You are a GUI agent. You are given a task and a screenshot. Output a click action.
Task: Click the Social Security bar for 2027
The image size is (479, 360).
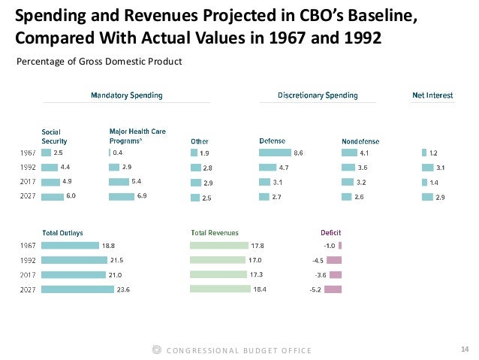[x=53, y=197]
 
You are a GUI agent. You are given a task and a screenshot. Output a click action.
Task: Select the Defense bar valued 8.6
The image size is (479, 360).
[x=275, y=153]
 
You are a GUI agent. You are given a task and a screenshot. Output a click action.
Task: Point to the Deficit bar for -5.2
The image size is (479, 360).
[x=335, y=289]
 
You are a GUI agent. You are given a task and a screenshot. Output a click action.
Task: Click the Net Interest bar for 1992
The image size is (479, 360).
[x=428, y=168]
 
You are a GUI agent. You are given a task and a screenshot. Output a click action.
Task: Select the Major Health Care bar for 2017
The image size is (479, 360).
[x=119, y=182]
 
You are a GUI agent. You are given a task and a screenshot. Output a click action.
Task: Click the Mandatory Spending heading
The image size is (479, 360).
[x=126, y=95]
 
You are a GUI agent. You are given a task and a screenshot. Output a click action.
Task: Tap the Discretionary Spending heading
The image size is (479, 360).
[x=317, y=95]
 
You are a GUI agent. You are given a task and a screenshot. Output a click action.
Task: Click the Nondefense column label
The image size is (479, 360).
[x=359, y=141]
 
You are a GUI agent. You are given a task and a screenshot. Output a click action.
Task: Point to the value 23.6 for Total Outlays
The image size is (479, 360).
[x=121, y=289]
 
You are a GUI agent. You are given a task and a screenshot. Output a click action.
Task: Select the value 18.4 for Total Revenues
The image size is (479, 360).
[x=259, y=289]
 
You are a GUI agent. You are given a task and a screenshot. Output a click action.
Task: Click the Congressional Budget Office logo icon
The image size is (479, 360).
[x=156, y=350]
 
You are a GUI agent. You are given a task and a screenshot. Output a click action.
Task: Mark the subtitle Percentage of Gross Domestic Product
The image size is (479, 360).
[x=99, y=62]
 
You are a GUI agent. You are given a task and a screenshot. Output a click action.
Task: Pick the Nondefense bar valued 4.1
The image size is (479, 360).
[x=348, y=153]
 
